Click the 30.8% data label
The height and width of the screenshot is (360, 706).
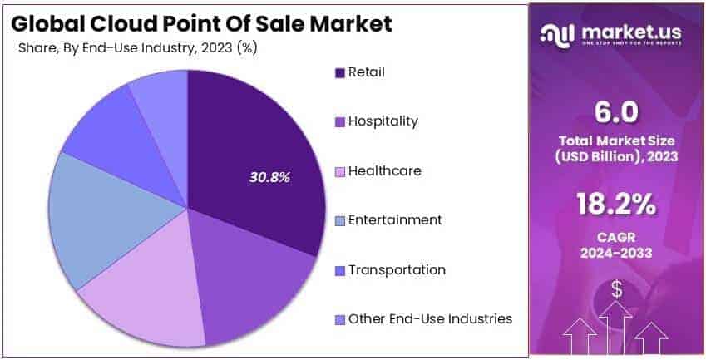[269, 177]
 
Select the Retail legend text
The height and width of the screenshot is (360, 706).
[367, 72]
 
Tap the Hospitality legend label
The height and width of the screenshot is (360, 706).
[383, 121]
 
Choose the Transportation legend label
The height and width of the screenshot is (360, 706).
[397, 270]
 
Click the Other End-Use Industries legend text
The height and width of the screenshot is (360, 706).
[430, 319]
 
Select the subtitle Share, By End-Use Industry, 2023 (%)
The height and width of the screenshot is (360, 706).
[137, 47]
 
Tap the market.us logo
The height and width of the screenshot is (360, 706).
[616, 33]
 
